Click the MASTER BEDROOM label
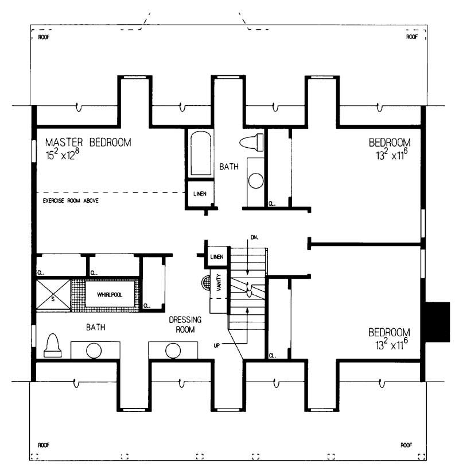point(88,142)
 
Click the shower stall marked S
point(53,295)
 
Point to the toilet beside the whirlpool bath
point(53,346)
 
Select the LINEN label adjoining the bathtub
point(199,194)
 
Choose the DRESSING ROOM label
point(183,325)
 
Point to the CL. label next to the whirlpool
point(147,306)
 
